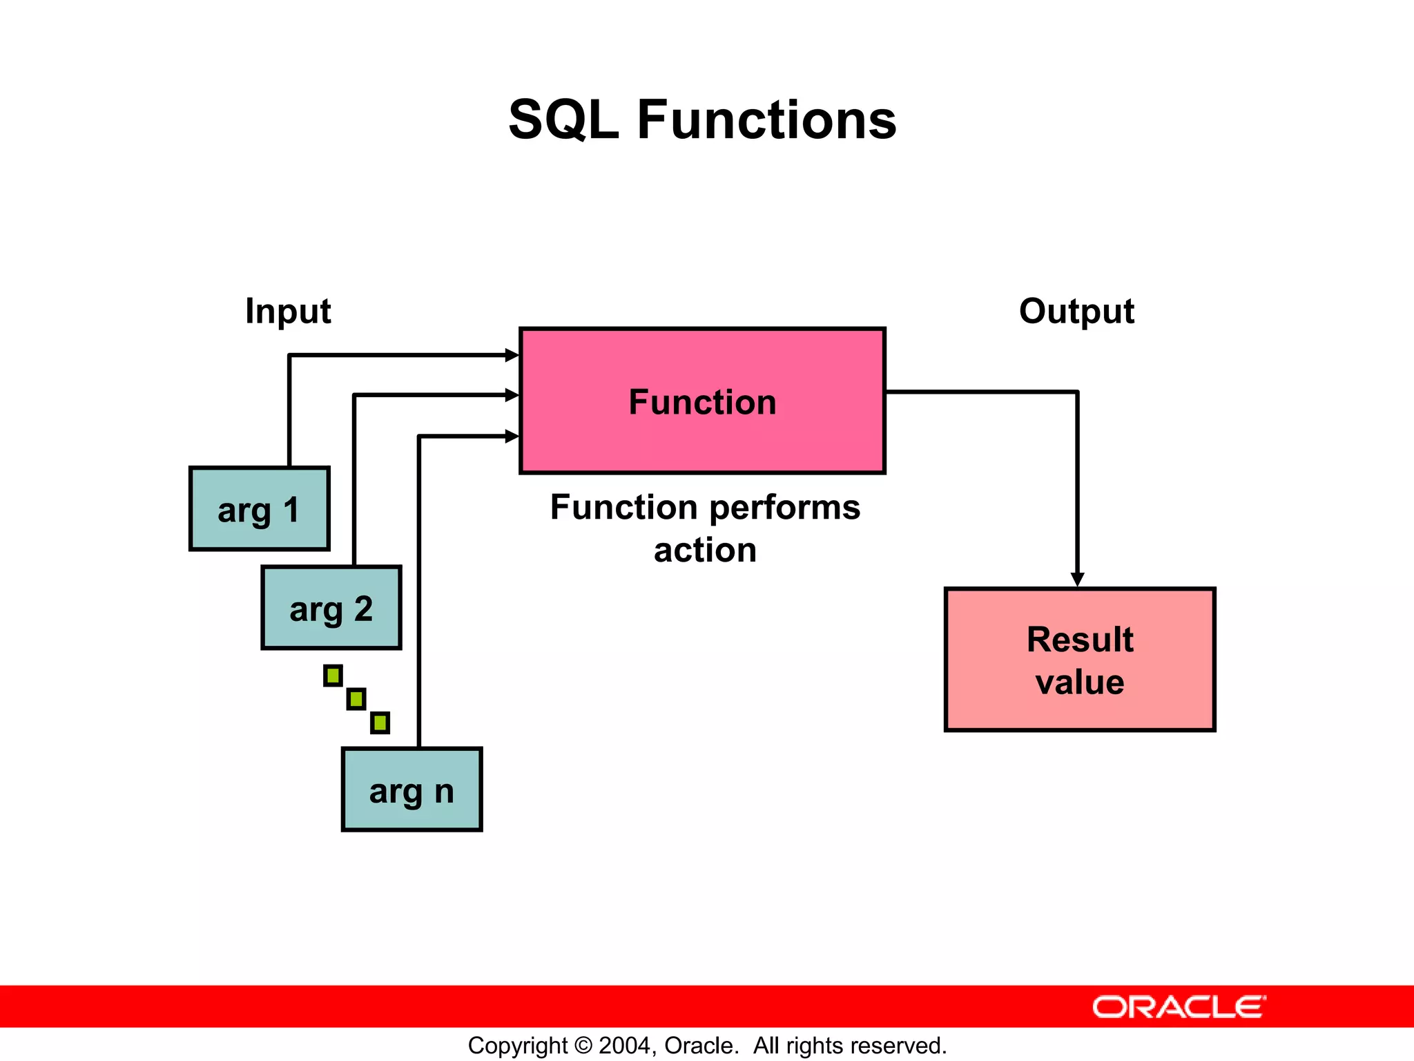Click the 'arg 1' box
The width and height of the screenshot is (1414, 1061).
(x=259, y=509)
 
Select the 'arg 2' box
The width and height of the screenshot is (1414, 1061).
(x=331, y=608)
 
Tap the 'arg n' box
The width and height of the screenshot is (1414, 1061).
(x=411, y=790)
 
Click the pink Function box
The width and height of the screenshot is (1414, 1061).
(x=702, y=401)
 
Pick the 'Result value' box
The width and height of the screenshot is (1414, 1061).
(x=1079, y=660)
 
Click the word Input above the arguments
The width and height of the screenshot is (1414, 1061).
(x=288, y=311)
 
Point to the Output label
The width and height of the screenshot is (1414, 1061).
(x=1076, y=311)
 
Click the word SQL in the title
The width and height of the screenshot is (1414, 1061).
(x=563, y=120)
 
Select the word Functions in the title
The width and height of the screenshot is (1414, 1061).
(x=766, y=120)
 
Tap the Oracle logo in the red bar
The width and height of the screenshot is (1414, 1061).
(x=1179, y=1007)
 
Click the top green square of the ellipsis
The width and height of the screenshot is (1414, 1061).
(x=333, y=676)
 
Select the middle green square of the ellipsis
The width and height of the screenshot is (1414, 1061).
(x=356, y=699)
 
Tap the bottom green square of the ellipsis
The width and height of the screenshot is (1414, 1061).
(x=380, y=723)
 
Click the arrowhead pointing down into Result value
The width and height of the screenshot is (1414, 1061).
(x=1077, y=580)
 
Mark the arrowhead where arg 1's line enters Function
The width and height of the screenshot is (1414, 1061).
(x=512, y=355)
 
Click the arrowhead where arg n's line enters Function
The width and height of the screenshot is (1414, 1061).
(x=512, y=437)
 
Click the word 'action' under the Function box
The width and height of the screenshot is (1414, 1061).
(x=705, y=551)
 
